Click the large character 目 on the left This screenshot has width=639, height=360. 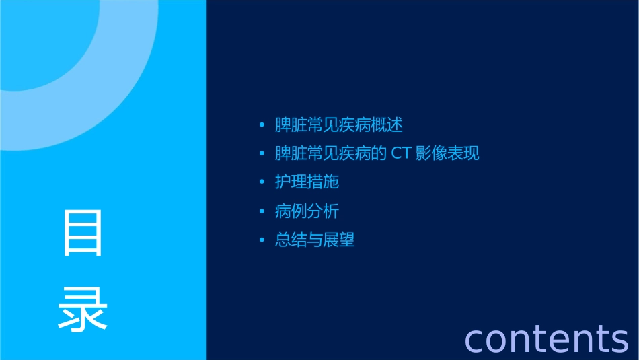(x=83, y=233)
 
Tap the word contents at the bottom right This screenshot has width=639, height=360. (x=546, y=338)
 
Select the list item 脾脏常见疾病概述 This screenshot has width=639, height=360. (x=339, y=125)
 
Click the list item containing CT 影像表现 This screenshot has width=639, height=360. (x=377, y=153)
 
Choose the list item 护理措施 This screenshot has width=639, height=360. (x=307, y=182)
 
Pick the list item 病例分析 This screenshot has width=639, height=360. (x=307, y=211)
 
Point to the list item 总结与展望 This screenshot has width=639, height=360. (x=315, y=240)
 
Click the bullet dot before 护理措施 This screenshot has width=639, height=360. (x=262, y=182)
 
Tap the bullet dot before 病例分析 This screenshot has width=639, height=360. (x=262, y=211)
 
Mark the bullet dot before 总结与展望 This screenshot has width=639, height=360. (x=262, y=240)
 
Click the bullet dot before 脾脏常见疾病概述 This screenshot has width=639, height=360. (x=262, y=125)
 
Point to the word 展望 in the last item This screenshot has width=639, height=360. (x=339, y=240)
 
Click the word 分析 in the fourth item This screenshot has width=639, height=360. (x=323, y=211)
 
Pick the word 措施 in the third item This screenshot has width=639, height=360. (x=323, y=182)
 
